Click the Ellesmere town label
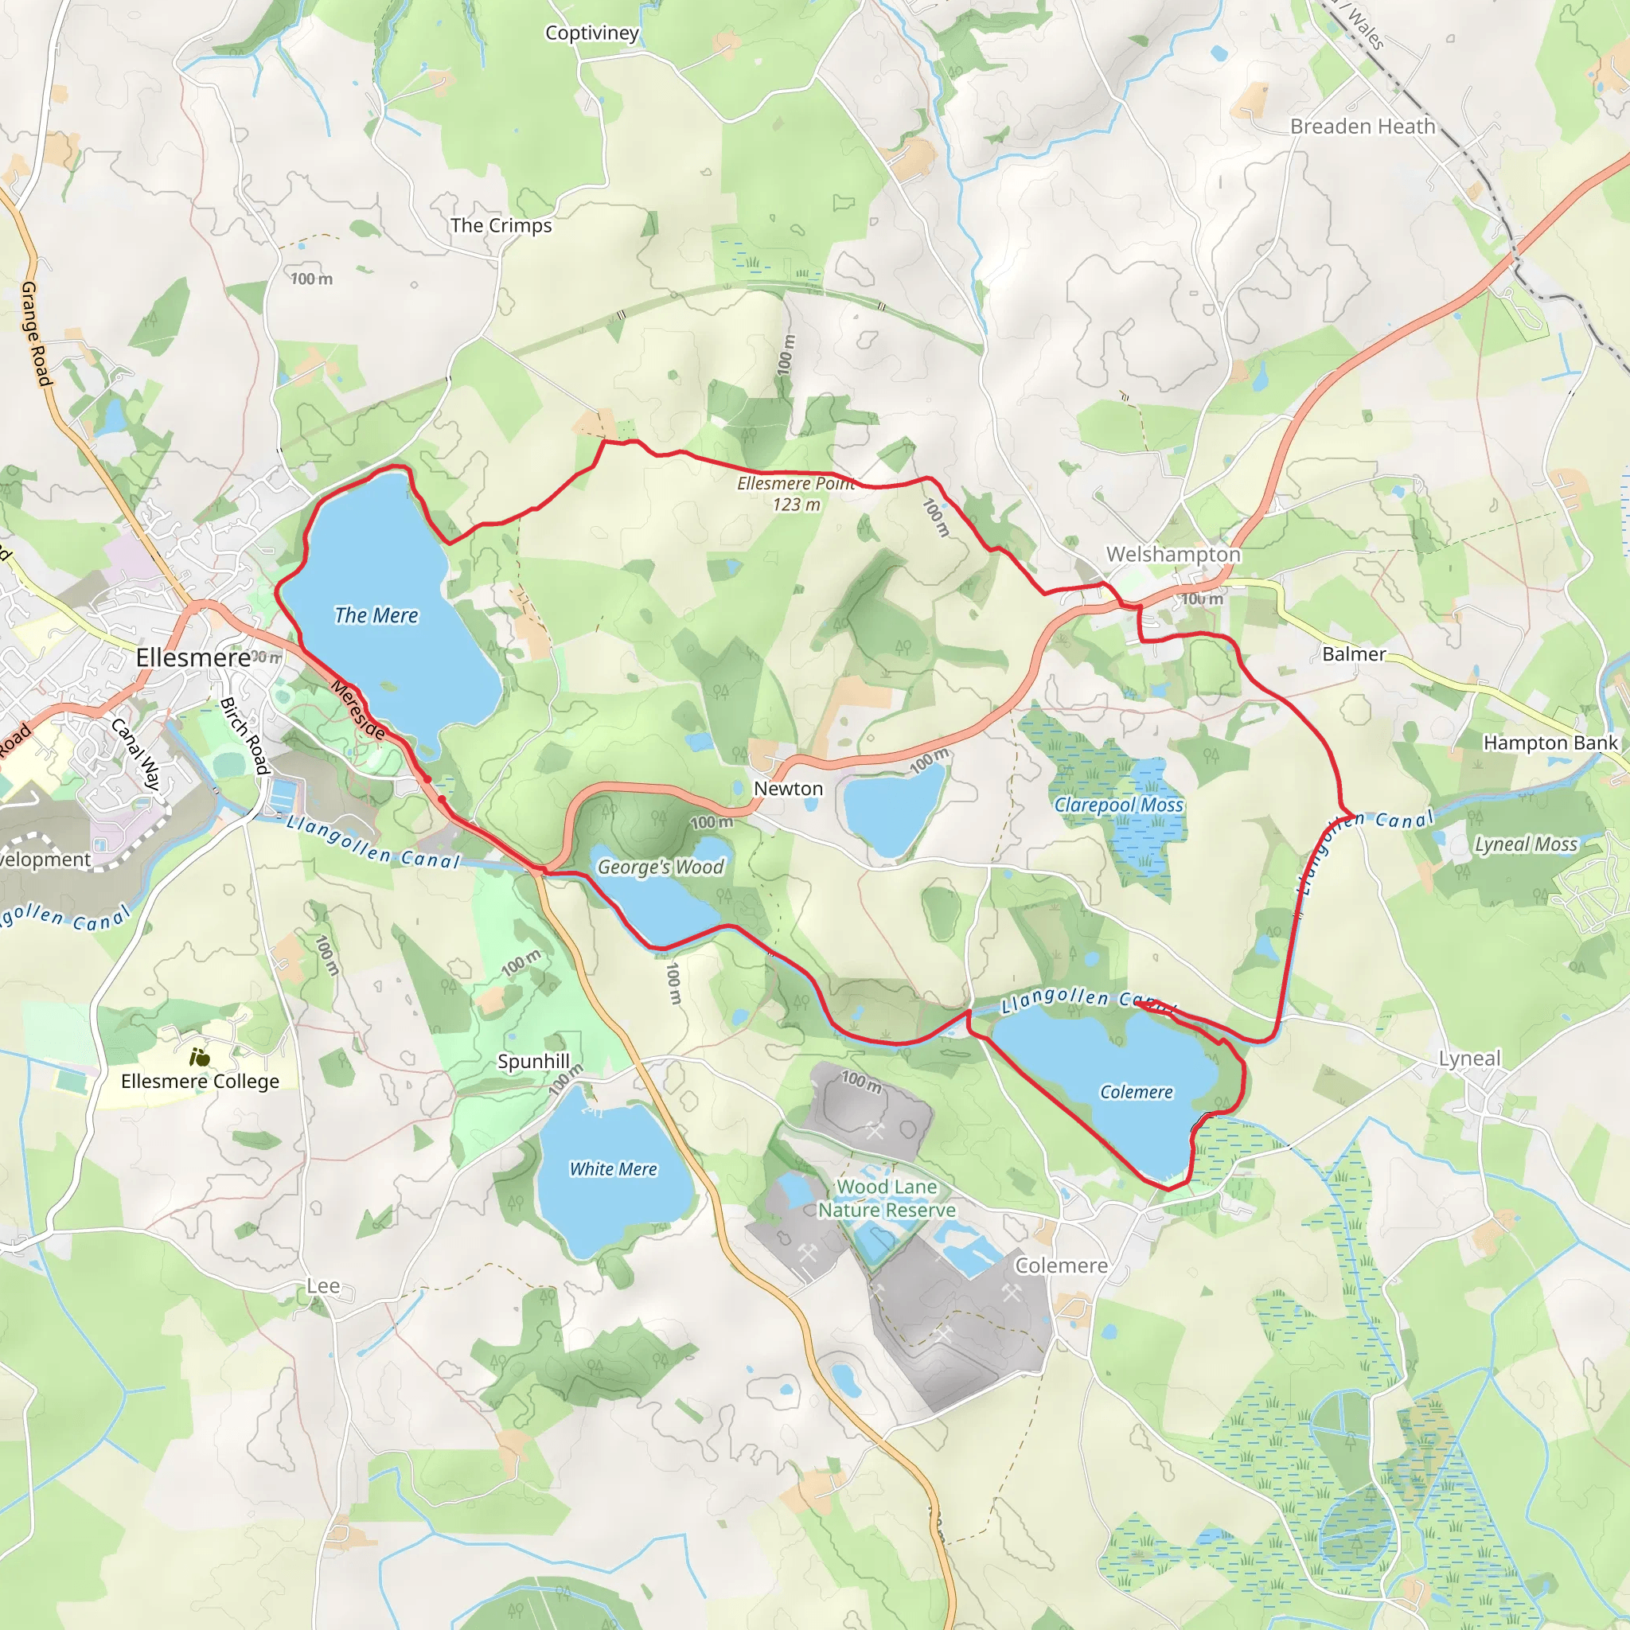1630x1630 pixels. (193, 657)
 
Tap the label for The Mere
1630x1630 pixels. (376, 615)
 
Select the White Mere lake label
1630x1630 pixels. (614, 1168)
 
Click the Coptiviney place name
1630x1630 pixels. (591, 33)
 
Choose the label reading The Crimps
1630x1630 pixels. (501, 225)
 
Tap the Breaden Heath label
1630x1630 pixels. (1363, 127)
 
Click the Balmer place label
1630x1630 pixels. (1353, 654)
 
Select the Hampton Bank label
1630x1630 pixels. (1550, 743)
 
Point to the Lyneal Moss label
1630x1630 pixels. (1526, 844)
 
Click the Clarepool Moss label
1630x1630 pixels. (1119, 805)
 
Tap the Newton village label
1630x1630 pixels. (788, 788)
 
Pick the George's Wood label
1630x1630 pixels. (661, 867)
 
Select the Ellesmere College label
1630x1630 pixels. (200, 1081)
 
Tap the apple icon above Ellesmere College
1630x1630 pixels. (199, 1056)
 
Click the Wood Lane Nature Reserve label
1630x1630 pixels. (887, 1198)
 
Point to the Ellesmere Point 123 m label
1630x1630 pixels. (796, 493)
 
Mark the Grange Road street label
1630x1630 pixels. (36, 334)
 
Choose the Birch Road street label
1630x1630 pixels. (244, 735)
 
